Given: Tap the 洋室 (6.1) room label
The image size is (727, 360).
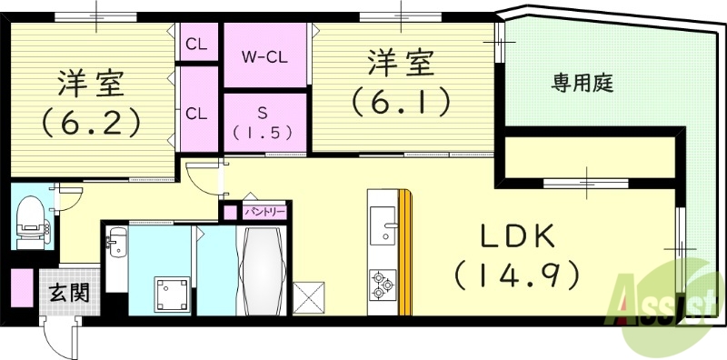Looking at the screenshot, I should tap(401, 83).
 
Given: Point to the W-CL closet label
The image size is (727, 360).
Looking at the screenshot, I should tap(264, 55).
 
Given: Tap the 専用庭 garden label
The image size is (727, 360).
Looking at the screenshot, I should tap(583, 85).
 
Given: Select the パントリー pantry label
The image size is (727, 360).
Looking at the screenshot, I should tap(266, 211).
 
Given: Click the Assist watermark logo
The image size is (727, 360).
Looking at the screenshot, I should tap(668, 300).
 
